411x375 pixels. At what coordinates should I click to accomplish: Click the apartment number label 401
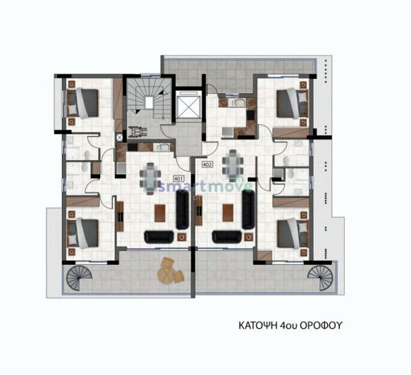tap(178, 178)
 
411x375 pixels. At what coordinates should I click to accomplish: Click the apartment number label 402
tap(207, 165)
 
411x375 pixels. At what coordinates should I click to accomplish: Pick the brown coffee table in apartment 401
tap(161, 211)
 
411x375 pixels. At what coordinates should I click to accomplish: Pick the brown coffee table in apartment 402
tap(224, 211)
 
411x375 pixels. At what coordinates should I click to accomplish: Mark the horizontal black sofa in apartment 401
tap(157, 237)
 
